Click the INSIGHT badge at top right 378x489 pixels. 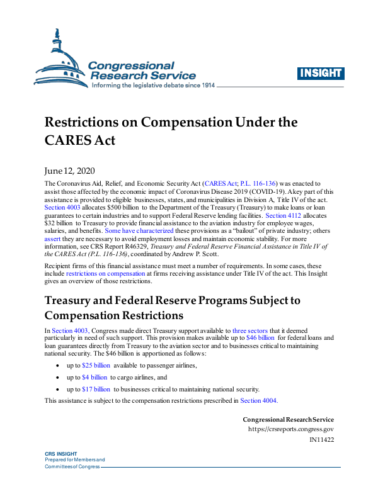coord(321,73)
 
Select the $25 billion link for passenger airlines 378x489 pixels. coord(96,366)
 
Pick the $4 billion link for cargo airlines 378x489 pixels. coord(94,378)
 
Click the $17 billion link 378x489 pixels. coord(96,389)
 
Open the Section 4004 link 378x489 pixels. coord(258,400)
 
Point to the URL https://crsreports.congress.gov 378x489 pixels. coord(291,429)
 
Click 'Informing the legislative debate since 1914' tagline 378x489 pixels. coord(154,85)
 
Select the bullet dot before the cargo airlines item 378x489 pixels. coord(57,378)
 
